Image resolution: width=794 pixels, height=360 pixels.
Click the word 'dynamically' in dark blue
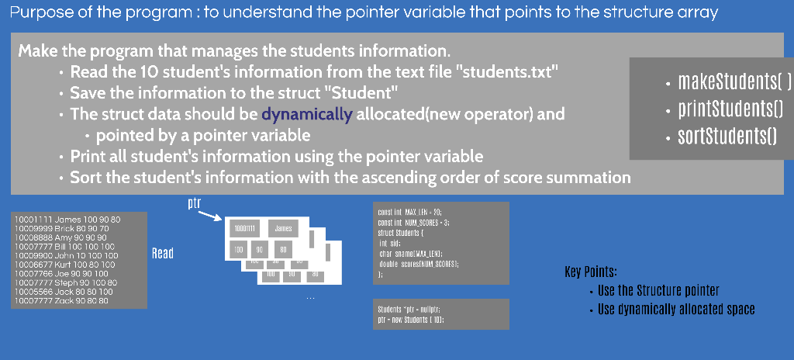pyautogui.click(x=306, y=115)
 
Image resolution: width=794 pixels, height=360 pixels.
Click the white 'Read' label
pyautogui.click(x=163, y=253)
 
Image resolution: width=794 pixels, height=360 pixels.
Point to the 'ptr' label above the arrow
pyautogui.click(x=195, y=203)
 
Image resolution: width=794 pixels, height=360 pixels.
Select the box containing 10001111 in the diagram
pyautogui.click(x=245, y=229)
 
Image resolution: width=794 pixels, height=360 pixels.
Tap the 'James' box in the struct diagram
pyautogui.click(x=283, y=229)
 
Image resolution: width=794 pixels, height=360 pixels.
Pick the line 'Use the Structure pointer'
pyautogui.click(x=658, y=291)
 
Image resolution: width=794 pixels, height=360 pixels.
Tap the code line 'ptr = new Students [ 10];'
pyautogui.click(x=410, y=319)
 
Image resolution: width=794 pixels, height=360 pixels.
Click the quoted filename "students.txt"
pyautogui.click(x=509, y=72)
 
